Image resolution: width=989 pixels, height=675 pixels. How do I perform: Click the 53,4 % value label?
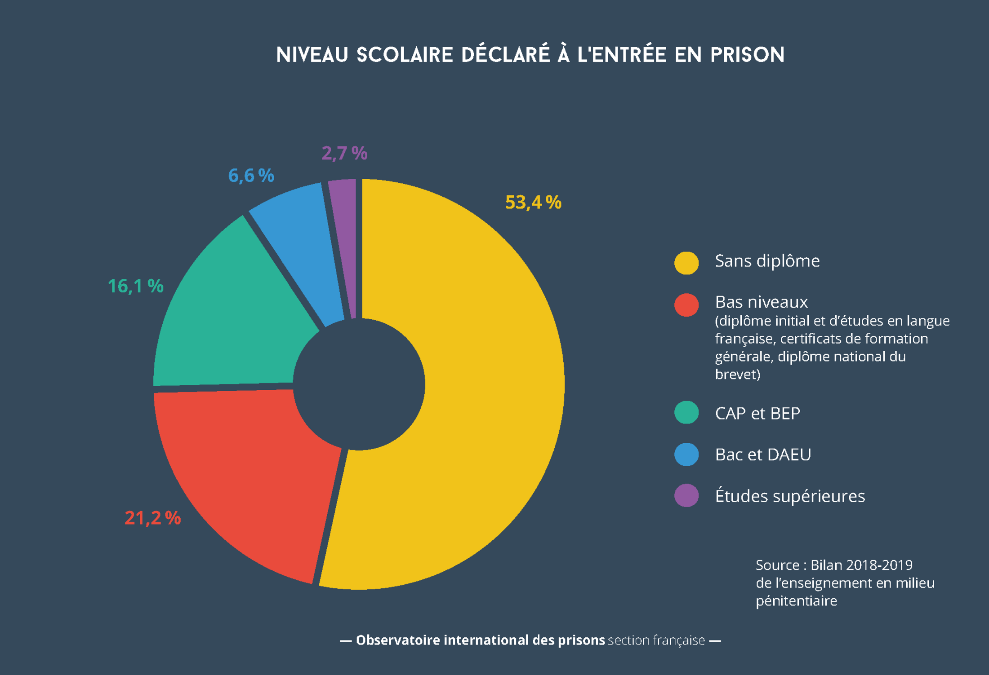pos(533,203)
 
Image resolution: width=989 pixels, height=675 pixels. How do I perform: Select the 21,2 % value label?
pos(152,518)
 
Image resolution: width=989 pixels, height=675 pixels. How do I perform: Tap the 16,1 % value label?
pos(135,286)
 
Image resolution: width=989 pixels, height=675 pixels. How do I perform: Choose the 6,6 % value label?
pos(251,176)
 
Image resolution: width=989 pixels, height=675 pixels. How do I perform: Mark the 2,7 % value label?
pos(344,154)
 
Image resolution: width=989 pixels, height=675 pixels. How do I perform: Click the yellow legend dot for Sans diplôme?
pos(686,263)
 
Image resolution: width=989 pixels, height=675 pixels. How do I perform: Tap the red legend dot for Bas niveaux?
pos(686,305)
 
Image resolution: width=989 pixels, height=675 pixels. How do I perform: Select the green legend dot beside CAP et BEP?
pos(686,412)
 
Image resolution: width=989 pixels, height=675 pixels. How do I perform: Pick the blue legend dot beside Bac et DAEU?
pos(686,454)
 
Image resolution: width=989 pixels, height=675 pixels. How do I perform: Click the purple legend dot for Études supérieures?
pos(686,495)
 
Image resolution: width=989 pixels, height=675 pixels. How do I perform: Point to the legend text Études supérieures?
pos(790,496)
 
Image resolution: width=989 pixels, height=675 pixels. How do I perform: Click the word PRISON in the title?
pos(747,55)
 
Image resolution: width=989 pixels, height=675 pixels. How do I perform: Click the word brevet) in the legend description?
pos(737,375)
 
